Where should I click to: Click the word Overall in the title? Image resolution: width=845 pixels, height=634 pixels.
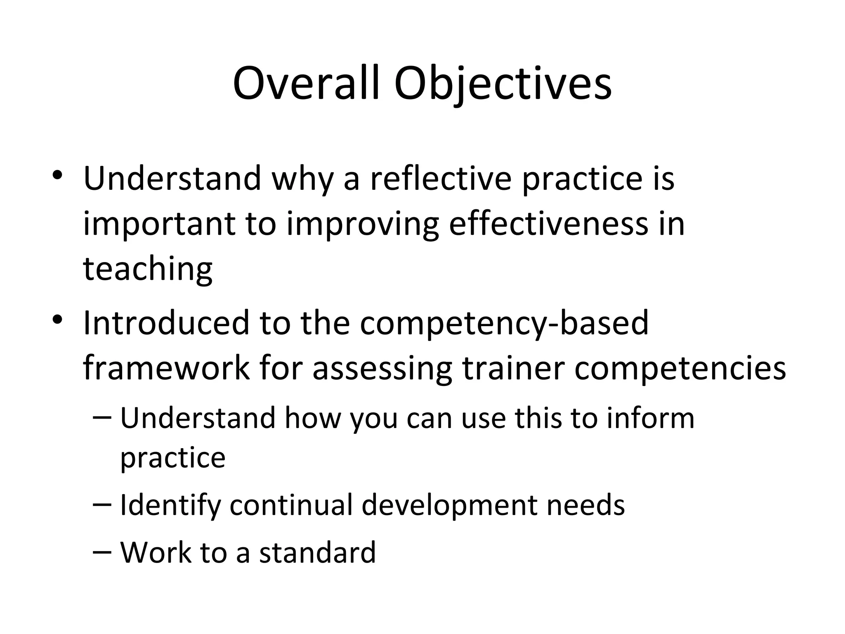pyautogui.click(x=305, y=84)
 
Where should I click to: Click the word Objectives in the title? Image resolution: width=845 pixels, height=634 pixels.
pyautogui.click(x=503, y=84)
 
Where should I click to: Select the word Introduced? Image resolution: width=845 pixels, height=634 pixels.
pyautogui.click(x=166, y=323)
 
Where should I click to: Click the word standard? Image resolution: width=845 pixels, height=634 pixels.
pyautogui.click(x=318, y=552)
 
